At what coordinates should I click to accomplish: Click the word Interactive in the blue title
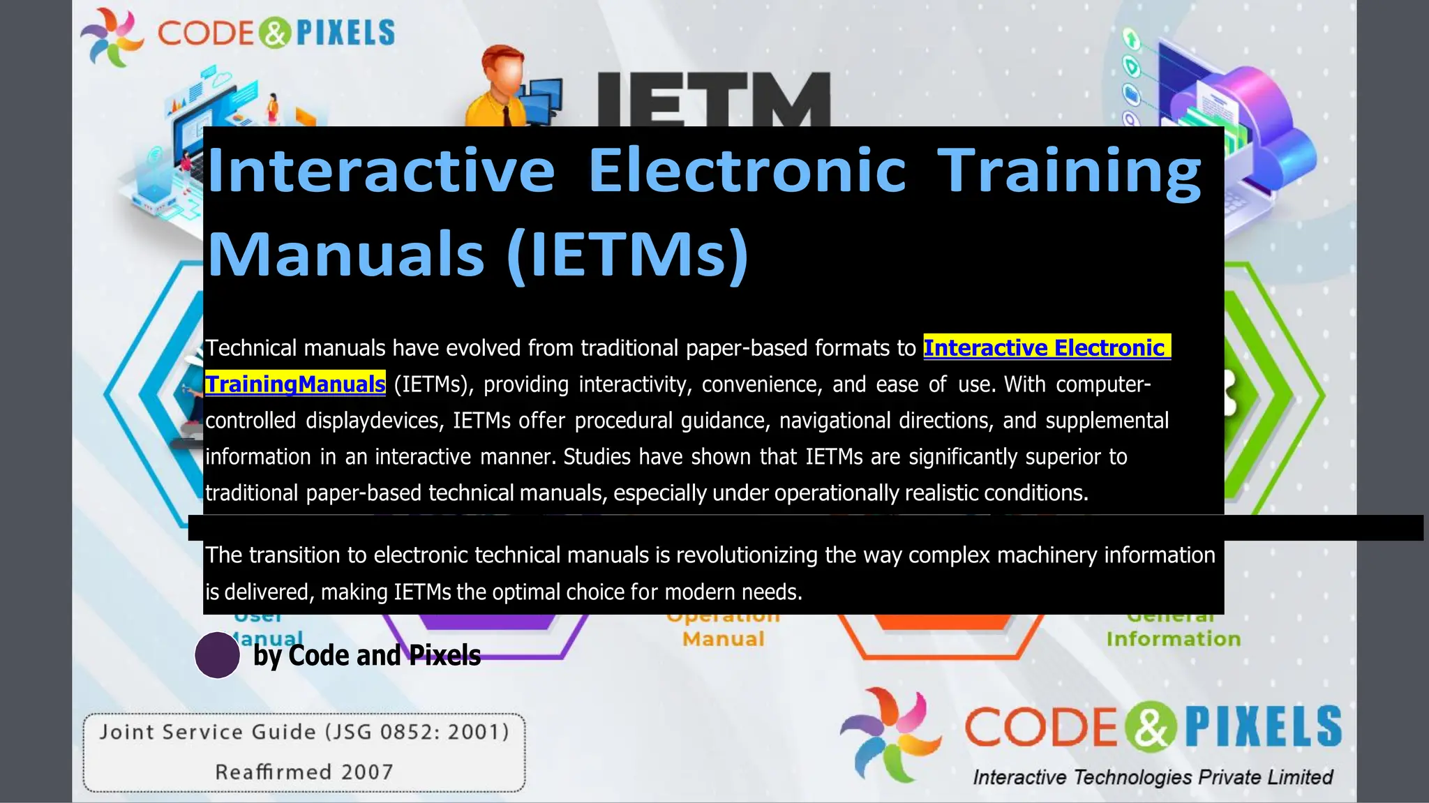coord(381,170)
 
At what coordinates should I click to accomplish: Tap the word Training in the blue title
coord(1068,172)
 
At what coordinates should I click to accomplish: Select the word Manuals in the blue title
coord(346,254)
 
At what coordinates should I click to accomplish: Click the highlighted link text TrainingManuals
coord(295,384)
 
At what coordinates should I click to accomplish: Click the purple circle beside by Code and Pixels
coord(217,655)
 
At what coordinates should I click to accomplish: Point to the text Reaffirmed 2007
coord(304,772)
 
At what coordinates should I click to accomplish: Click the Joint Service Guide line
coord(304,732)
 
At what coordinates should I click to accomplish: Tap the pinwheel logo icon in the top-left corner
coord(112,36)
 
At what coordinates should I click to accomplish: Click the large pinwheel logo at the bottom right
coord(890,734)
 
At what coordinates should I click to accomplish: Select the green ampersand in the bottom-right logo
coord(1151,727)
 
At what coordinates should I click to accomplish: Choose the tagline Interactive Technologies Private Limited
coord(1153,777)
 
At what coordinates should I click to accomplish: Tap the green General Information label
coord(1173,638)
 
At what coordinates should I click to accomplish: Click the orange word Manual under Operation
coord(723,638)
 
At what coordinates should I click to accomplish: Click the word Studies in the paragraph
coord(598,457)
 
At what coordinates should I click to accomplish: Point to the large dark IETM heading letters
coord(712,98)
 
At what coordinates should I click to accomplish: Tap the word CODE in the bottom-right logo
coord(1041,727)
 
